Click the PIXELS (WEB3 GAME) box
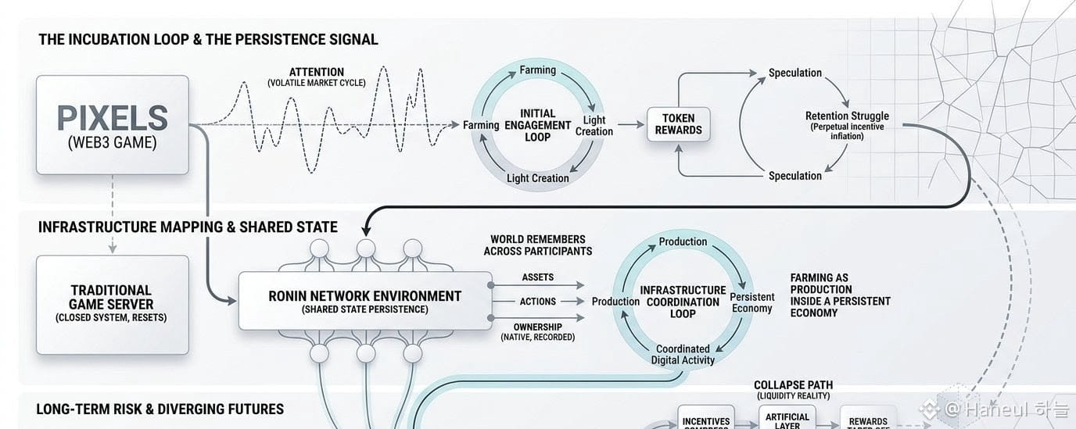click(112, 125)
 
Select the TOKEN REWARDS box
click(678, 124)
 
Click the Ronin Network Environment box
click(364, 301)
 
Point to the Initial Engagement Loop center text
click(537, 125)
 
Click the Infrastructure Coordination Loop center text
click(683, 302)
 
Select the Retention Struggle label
click(847, 116)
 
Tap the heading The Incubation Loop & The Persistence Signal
click(208, 39)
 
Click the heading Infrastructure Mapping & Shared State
click(188, 227)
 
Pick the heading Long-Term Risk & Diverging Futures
click(160, 409)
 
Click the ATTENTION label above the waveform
click(316, 72)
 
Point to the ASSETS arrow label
click(537, 277)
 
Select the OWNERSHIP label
click(537, 326)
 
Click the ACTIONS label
click(537, 302)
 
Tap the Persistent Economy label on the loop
click(751, 302)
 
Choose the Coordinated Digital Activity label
click(683, 355)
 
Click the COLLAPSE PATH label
click(793, 385)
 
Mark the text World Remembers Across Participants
click(537, 245)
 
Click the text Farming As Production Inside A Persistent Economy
click(840, 295)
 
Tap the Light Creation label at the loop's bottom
click(537, 178)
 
